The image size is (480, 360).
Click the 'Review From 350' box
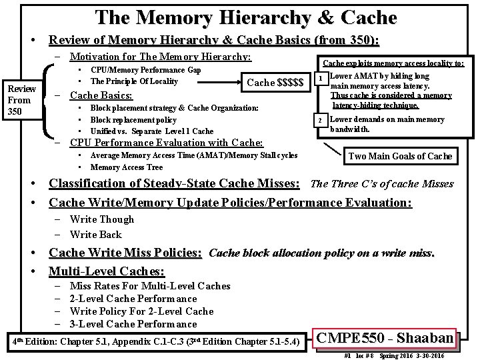point(21,100)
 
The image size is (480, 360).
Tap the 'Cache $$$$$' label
point(275,82)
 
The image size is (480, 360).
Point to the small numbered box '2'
point(321,120)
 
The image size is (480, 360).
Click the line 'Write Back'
point(95,235)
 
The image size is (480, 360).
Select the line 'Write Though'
point(101,219)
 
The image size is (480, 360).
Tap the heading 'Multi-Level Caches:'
point(107,271)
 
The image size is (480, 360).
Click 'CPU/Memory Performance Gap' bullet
point(145,70)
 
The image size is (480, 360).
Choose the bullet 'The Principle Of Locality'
point(134,81)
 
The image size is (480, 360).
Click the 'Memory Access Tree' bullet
point(126,167)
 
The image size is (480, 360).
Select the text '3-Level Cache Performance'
point(133,324)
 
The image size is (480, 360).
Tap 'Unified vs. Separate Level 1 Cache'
point(151,131)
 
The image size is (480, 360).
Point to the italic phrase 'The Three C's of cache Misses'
point(391,184)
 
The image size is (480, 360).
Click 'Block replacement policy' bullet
point(133,120)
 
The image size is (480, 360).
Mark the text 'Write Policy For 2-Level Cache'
point(141,311)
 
